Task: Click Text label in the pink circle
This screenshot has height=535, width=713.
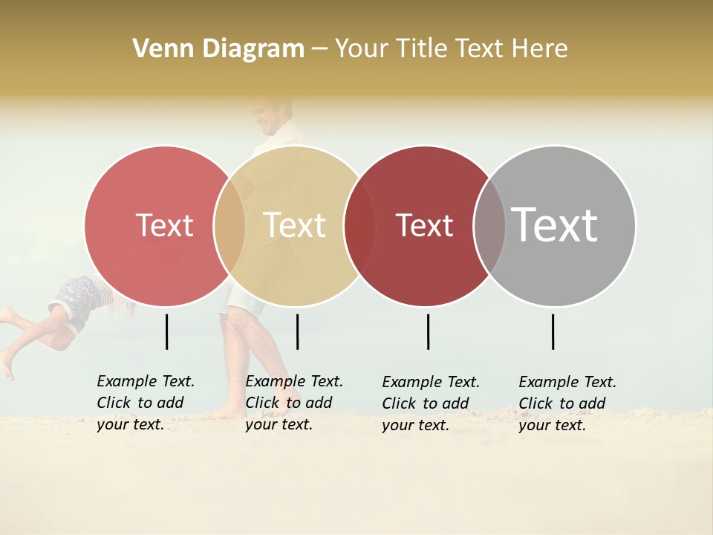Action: (x=164, y=225)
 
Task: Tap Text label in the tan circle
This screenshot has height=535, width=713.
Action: (x=294, y=225)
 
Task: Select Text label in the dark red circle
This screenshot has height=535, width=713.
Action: (x=424, y=225)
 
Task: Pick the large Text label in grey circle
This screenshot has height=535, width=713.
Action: (x=555, y=224)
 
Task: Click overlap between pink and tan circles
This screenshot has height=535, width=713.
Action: (x=229, y=226)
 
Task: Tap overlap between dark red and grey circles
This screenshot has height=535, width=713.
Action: (x=489, y=226)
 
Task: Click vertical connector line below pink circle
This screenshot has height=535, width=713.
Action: (x=167, y=331)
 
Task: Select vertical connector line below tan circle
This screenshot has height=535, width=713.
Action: (x=297, y=331)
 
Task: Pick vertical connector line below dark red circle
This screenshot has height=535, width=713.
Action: (x=429, y=331)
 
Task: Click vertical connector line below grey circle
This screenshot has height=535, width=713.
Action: (x=553, y=331)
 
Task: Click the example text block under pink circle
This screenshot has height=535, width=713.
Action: (x=145, y=403)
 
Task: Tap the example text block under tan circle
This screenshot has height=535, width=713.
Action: (x=293, y=403)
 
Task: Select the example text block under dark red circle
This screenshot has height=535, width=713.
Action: (x=430, y=403)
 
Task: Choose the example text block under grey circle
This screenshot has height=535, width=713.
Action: (x=567, y=403)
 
